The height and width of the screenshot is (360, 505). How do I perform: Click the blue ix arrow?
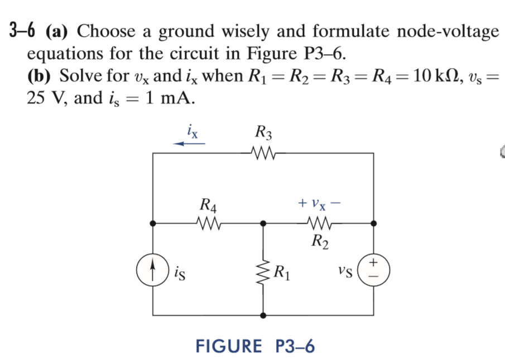tap(189, 143)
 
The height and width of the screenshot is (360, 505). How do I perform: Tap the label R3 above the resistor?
tap(263, 134)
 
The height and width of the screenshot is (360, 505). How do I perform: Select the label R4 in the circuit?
tap(209, 205)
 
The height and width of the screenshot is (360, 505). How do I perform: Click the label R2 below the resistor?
tap(320, 241)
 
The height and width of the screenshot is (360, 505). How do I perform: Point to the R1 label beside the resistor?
tap(283, 274)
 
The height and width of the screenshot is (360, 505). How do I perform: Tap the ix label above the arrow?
tap(190, 132)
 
